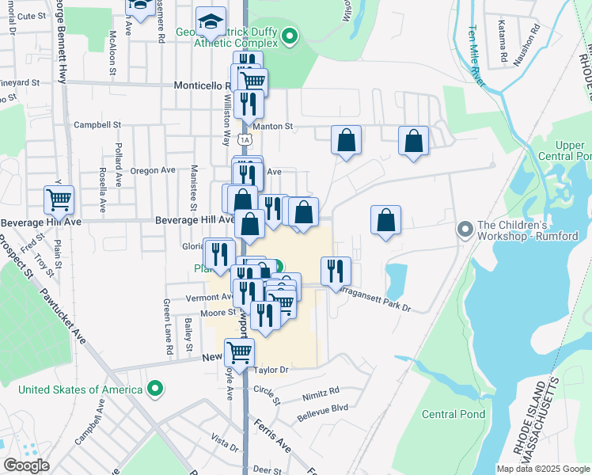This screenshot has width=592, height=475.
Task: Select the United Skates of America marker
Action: (157, 389)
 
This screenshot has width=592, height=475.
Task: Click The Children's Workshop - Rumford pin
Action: (465, 230)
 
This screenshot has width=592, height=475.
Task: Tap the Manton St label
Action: (272, 126)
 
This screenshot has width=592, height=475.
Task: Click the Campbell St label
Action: (97, 124)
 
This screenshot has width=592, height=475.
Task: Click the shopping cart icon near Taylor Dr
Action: (239, 351)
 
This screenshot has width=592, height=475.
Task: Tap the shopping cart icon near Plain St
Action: (59, 199)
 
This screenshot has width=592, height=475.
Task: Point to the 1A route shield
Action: (245, 140)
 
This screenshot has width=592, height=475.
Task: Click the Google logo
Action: (27, 465)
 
